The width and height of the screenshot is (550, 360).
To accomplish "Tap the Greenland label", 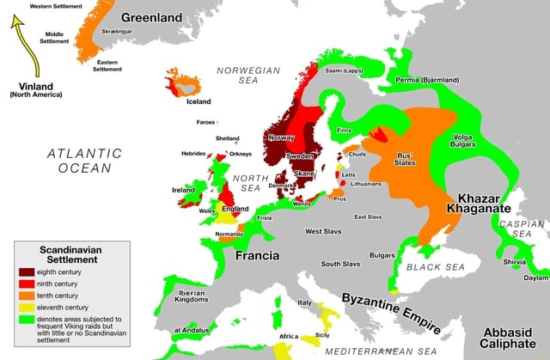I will pyautogui.click(x=151, y=17).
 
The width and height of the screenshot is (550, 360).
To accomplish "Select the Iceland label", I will pyautogui.click(x=199, y=101).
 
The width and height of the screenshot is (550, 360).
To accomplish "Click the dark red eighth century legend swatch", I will pyautogui.click(x=28, y=272).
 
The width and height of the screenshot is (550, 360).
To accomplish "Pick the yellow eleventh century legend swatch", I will pyautogui.click(x=28, y=307).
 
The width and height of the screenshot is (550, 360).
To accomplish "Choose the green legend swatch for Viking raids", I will pyautogui.click(x=28, y=319).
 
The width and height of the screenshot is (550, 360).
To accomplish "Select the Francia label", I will pyautogui.click(x=257, y=256).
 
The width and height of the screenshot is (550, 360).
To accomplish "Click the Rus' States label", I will pyautogui.click(x=404, y=159).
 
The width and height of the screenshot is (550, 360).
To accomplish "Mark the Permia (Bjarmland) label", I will pyautogui.click(x=427, y=80).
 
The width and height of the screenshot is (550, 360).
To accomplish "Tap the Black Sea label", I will pyautogui.click(x=435, y=267).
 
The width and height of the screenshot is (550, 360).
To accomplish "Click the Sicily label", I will pyautogui.click(x=322, y=334).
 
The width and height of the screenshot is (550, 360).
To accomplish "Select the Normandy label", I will pyautogui.click(x=229, y=234).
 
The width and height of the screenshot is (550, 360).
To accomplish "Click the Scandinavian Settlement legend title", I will pyautogui.click(x=71, y=253).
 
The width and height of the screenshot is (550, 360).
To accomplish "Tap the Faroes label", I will pyautogui.click(x=206, y=122).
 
